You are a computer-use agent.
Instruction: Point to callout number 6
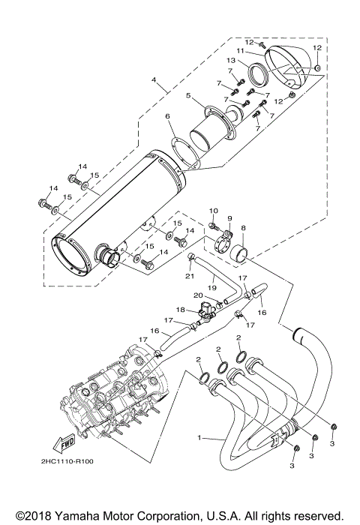tap(168, 116)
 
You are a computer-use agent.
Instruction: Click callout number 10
tap(212, 212)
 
